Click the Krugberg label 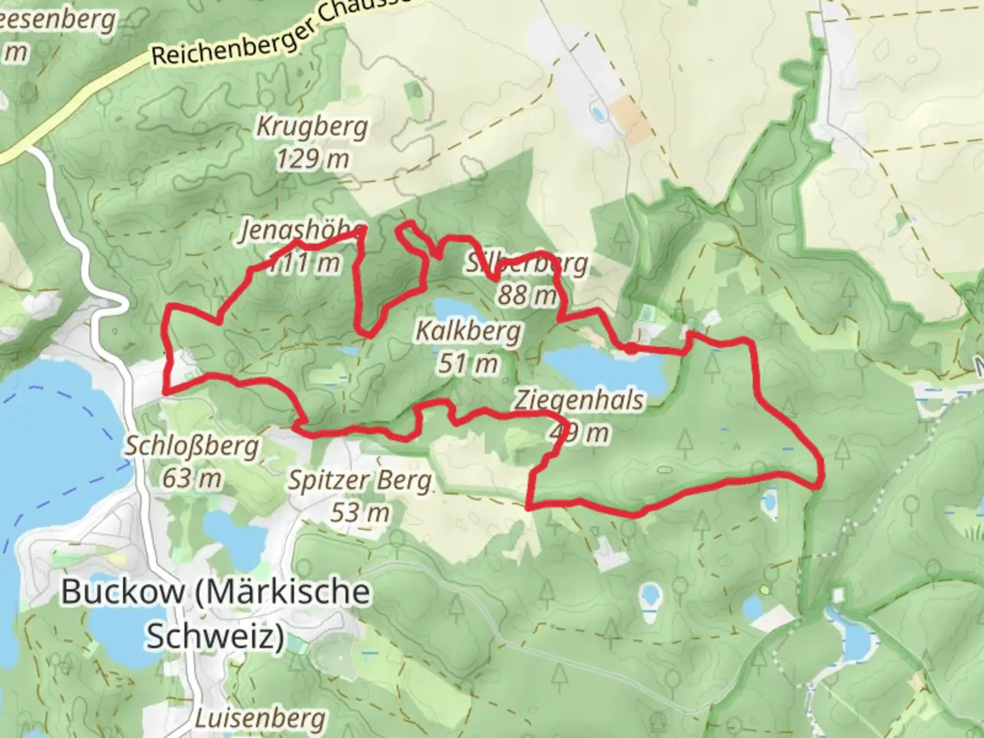pos(312,126)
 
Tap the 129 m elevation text pos(312,159)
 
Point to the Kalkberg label pos(468,332)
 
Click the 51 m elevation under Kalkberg pos(468,364)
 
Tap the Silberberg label pos(526,263)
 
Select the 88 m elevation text pos(526,295)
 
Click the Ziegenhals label pos(579,400)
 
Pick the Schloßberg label pos(192,446)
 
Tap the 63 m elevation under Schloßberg pos(192,478)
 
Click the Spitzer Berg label pos(359,480)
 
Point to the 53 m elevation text pos(359,512)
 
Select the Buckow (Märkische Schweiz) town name pos(216,613)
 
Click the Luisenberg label pos(260,719)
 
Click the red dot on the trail pos(631,348)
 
